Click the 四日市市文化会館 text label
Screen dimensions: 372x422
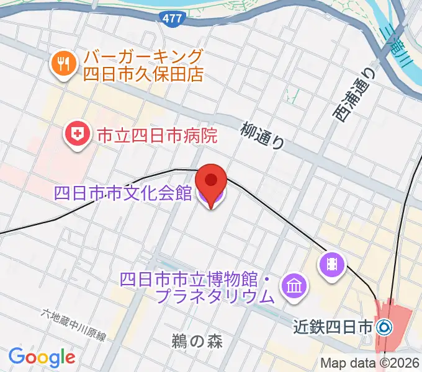123,193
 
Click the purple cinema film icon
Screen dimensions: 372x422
331,265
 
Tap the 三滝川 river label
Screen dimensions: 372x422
403,43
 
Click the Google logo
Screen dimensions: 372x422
42,357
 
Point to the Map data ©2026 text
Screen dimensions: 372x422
370,363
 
